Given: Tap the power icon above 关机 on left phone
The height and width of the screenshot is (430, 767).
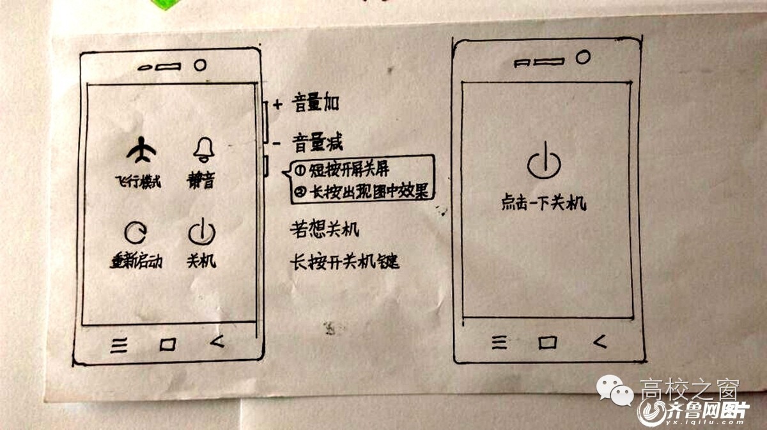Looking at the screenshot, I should click(201, 232).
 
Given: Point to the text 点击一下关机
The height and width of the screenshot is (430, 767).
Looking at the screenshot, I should click(543, 204).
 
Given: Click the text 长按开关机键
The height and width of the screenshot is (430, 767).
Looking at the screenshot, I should click(345, 261).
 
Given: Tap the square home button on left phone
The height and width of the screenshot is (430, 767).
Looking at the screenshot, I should click(167, 345).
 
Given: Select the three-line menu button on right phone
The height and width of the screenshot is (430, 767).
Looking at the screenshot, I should click(498, 343).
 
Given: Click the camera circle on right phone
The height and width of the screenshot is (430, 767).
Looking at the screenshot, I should click(582, 58).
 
